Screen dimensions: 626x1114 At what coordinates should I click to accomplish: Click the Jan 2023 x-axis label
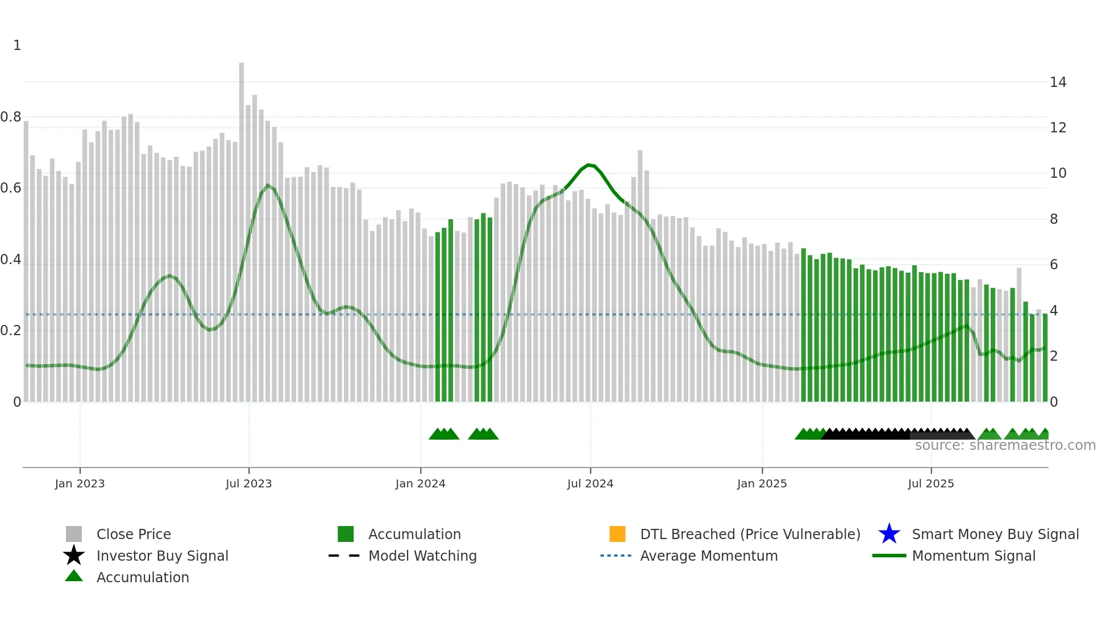point(80,483)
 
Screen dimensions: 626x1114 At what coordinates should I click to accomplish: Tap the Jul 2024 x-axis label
point(590,483)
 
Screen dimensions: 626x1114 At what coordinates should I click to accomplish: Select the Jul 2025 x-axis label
point(930,483)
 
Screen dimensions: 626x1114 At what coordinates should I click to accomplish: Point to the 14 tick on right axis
point(1058,82)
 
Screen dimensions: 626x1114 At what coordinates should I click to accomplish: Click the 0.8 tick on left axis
point(11,117)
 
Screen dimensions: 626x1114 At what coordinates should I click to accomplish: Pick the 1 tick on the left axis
point(17,45)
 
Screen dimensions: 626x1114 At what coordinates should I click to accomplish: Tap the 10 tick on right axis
point(1058,173)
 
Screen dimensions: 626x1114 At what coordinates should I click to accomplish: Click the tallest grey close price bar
point(242,227)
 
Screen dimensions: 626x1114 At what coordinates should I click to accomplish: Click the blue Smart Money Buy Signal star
point(889,534)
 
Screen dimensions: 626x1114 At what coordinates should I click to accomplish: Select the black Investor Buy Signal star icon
point(74,556)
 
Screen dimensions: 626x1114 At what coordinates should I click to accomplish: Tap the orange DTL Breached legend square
point(617,534)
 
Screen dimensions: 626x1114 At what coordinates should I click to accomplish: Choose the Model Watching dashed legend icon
point(344,556)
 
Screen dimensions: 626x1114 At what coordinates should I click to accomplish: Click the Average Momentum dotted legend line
point(616,556)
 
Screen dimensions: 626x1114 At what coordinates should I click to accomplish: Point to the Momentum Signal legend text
point(974,556)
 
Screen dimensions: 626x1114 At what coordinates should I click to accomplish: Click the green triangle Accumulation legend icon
point(74,576)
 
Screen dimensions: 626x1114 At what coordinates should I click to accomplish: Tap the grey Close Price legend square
point(74,534)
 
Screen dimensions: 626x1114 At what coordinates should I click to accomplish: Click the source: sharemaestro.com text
point(1005,445)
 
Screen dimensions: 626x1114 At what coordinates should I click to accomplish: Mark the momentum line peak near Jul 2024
point(589,165)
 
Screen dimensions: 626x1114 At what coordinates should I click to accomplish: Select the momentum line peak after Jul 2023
point(268,185)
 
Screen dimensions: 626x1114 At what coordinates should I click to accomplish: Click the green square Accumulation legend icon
point(346,534)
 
